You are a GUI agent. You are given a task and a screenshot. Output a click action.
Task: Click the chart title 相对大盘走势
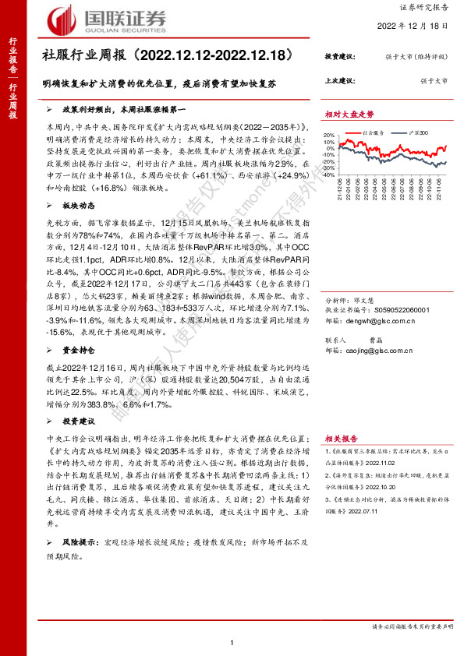(x=349, y=114)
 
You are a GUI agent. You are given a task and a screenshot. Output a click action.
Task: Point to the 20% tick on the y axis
(x=331, y=134)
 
